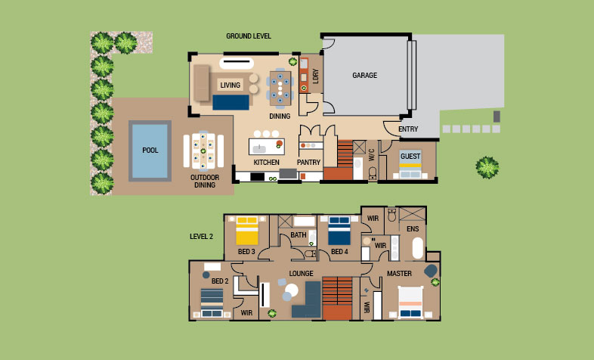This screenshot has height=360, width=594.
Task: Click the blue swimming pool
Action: click(150, 151)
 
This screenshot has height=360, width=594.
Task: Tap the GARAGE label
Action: click(365, 76)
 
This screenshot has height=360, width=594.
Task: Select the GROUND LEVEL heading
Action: click(249, 36)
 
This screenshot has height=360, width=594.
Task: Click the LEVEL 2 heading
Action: click(201, 237)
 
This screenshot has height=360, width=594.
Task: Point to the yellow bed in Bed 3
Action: click(247, 231)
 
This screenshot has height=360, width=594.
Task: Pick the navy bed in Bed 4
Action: click(339, 231)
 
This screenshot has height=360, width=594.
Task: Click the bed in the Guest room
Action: click(410, 164)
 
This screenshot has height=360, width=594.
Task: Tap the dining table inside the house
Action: click(280, 88)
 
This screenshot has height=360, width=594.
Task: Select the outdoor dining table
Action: click(203, 151)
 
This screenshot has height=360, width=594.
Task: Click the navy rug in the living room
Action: click(230, 102)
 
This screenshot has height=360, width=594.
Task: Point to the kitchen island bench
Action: click(267, 147)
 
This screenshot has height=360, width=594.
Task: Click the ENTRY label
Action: click(408, 129)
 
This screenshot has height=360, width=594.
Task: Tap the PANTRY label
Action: click(309, 162)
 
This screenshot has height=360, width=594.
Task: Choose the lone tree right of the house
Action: click(487, 167)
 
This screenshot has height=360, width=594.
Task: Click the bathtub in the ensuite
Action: click(417, 248)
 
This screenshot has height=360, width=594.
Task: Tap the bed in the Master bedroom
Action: click(410, 302)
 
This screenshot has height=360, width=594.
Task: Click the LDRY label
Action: click(316, 76)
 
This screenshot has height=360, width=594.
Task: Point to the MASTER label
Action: click(399, 274)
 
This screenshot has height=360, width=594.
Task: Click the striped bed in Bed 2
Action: click(212, 303)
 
